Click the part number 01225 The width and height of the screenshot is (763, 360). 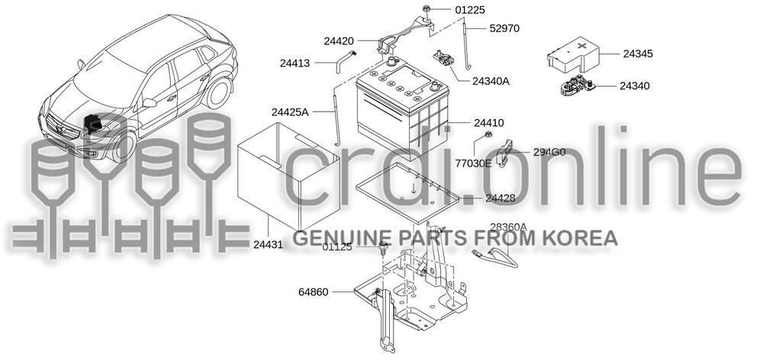click(469, 10)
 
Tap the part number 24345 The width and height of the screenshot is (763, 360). click(638, 54)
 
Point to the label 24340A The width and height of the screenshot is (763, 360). click(491, 82)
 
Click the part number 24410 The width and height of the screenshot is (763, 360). click(488, 123)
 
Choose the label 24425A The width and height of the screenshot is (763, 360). click(290, 112)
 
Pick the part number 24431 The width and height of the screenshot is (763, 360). click(268, 245)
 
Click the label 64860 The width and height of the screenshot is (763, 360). click(314, 292)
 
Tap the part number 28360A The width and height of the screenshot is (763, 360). click(508, 227)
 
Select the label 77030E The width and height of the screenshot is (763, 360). click(474, 163)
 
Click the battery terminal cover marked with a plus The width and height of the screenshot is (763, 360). click(573, 54)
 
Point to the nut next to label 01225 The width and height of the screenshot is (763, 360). click(427, 8)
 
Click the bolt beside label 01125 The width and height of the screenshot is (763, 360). click(384, 248)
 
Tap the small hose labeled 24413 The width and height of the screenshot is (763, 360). click(343, 62)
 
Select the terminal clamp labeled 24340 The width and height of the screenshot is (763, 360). click(575, 86)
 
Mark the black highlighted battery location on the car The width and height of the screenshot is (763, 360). click(93, 124)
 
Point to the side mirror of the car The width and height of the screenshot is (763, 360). click(149, 103)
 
